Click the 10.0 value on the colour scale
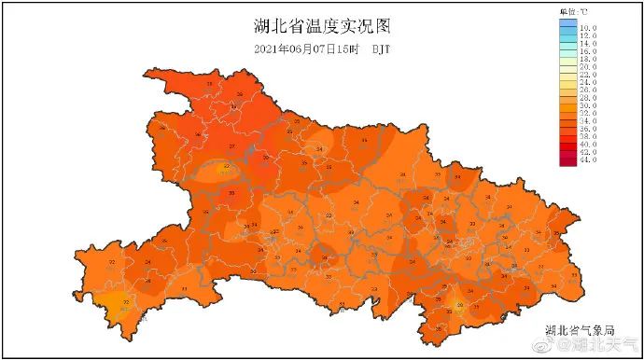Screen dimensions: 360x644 coord(588,29)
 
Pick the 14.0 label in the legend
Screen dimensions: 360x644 coord(588,48)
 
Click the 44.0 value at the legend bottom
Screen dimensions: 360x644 coord(588,162)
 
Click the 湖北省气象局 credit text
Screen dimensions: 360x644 coord(580,329)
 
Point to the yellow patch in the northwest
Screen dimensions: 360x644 coord(223,169)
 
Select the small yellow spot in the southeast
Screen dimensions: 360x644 coord(458,303)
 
